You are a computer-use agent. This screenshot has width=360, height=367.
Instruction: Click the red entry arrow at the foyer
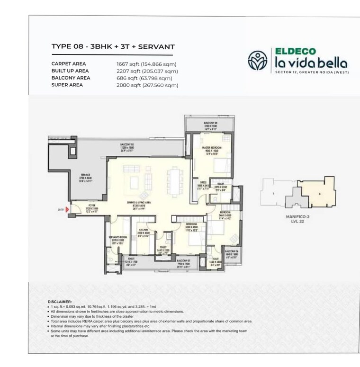point(68,208)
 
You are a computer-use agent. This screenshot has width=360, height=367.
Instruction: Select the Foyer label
point(90,207)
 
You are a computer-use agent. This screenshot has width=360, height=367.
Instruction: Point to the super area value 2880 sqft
point(129,85)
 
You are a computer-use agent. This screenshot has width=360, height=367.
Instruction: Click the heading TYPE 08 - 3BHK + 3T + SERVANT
point(113,47)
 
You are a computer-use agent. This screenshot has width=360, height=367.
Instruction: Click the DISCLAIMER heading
point(60,302)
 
